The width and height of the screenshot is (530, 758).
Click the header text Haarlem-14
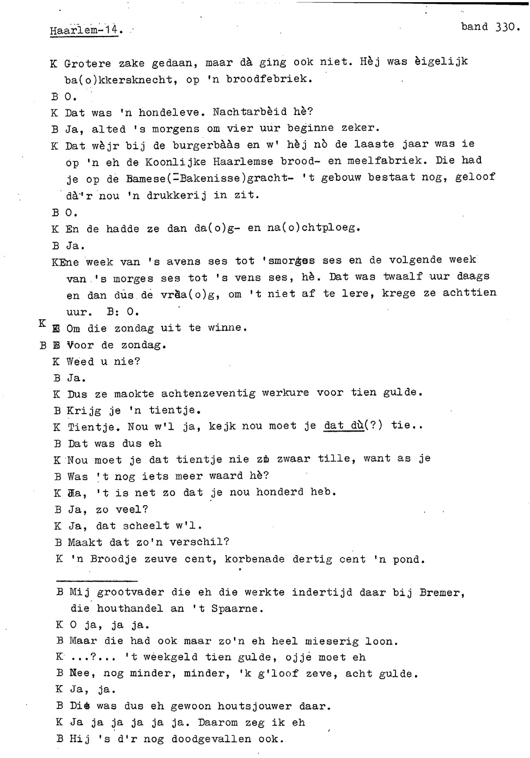click(x=85, y=31)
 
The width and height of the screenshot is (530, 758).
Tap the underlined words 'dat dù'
click(x=343, y=425)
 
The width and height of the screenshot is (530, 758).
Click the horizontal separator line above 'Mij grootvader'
click(x=96, y=581)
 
